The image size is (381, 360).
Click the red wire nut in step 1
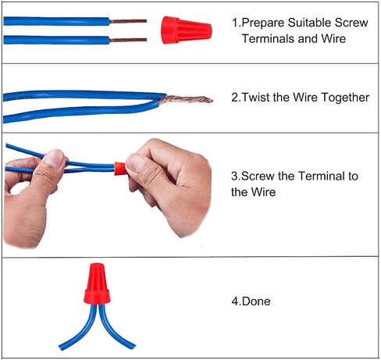pyautogui.click(x=186, y=30)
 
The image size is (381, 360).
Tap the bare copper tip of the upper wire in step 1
pyautogui.click(x=128, y=21)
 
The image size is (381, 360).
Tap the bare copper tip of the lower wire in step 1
pyautogui.click(x=128, y=40)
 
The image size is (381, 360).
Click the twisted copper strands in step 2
pyautogui.click(x=186, y=99)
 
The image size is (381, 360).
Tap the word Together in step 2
pyautogui.click(x=345, y=98)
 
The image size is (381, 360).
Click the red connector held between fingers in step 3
pyautogui.click(x=120, y=168)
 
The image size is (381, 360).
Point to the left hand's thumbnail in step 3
pyautogui.click(x=54, y=159)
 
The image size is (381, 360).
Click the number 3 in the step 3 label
pyautogui.click(x=234, y=176)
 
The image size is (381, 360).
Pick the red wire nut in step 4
pyautogui.click(x=97, y=283)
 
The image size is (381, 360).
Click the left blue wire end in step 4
pyautogui.click(x=62, y=347)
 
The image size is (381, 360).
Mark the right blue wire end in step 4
pyautogui.click(x=132, y=347)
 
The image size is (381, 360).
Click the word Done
pyautogui.click(x=256, y=301)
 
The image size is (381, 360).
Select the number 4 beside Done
pyautogui.click(x=235, y=301)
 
